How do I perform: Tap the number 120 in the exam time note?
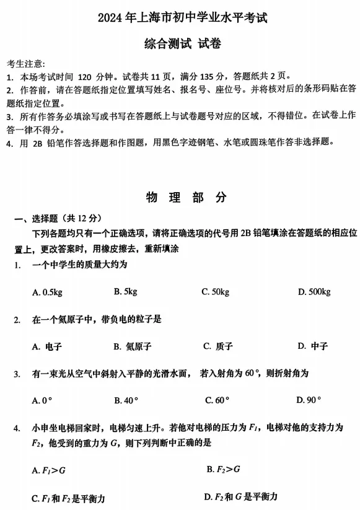(x=86, y=77)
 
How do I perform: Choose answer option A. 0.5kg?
(x=47, y=292)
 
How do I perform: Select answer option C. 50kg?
(x=215, y=291)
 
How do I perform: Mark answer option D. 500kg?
(x=314, y=291)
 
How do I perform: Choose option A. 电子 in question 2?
(x=47, y=346)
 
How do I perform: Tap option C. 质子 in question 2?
(x=217, y=346)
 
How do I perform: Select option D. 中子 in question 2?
(x=312, y=346)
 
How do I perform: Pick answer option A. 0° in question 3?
(x=42, y=400)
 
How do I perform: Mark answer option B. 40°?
(x=126, y=400)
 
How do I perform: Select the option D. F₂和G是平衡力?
(x=240, y=496)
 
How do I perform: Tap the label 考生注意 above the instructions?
(x=26, y=64)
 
